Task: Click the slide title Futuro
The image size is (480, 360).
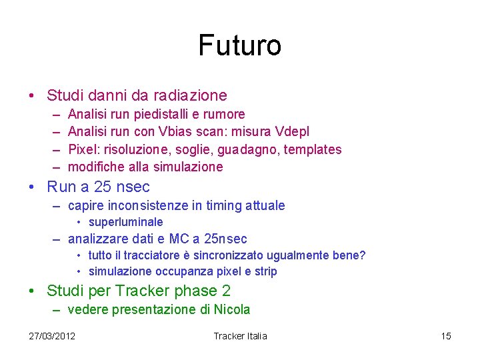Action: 239,46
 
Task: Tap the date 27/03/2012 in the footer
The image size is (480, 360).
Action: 52,335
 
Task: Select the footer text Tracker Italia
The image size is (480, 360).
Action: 240,335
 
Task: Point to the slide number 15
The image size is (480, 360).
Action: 446,335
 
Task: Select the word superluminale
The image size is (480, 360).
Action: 125,222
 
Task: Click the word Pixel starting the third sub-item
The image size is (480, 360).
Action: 83,149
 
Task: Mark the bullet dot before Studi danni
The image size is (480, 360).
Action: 33,96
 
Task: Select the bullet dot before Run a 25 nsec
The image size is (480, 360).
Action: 33,187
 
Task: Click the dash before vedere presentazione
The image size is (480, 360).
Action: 57,309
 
